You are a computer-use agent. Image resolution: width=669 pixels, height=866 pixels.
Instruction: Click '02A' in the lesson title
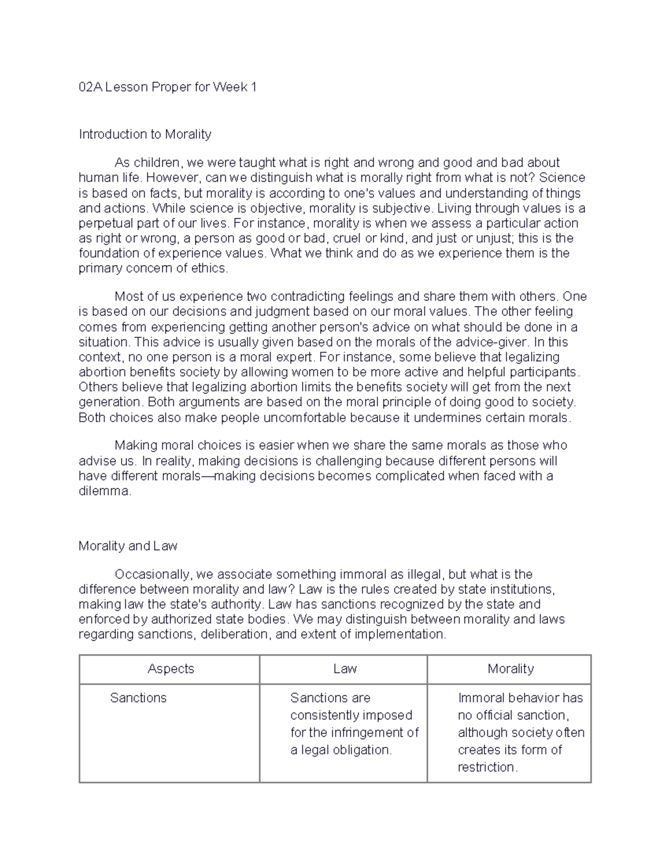[x=90, y=87]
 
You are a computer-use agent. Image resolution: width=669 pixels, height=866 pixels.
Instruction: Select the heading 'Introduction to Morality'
[x=145, y=134]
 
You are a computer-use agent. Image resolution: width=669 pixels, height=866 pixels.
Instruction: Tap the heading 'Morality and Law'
[x=128, y=546]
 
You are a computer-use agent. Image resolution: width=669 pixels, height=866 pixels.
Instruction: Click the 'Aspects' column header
[x=171, y=669]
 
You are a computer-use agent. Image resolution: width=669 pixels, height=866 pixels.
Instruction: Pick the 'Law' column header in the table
[x=345, y=669]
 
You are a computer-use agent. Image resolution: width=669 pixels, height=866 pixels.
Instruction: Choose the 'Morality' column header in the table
[x=510, y=669]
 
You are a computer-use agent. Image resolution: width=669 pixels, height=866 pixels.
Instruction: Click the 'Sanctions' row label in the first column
[x=138, y=698]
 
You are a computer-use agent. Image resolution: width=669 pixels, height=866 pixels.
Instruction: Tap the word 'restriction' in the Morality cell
[x=487, y=767]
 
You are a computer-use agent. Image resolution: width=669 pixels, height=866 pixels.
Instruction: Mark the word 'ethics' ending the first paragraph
[x=211, y=268]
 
